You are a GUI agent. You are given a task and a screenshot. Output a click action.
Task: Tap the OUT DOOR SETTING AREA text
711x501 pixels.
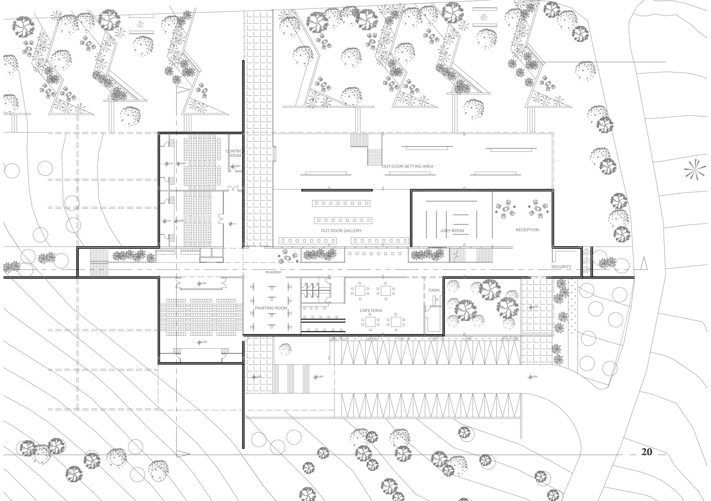(x=407, y=166)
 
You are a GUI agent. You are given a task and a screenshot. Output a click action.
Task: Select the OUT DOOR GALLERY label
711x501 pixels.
(x=341, y=231)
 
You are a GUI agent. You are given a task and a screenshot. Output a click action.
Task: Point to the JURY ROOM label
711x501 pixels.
(x=452, y=231)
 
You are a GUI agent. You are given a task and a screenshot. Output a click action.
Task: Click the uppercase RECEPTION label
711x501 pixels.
(x=527, y=230)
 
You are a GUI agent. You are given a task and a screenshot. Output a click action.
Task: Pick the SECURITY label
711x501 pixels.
(x=561, y=267)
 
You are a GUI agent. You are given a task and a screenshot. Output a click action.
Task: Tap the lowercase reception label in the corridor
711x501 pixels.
(x=273, y=272)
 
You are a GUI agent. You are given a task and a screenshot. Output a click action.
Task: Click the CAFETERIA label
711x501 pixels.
(x=371, y=311)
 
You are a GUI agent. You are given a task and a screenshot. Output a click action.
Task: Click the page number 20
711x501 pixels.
(x=647, y=452)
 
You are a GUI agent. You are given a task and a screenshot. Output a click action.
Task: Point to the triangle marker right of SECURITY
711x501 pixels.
(x=644, y=263)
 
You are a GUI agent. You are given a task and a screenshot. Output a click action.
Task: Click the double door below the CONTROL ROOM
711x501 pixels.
(x=233, y=189)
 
